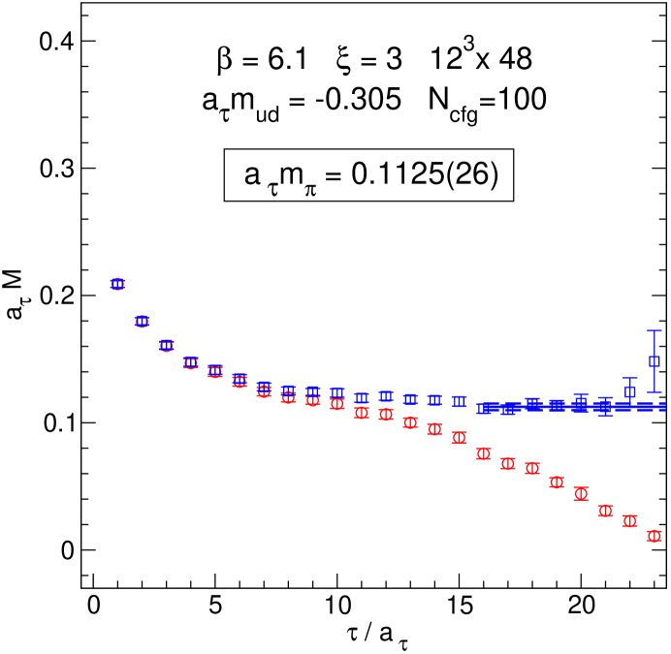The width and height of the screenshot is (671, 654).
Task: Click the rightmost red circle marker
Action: [655, 536]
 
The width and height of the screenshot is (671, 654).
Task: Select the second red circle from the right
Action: [630, 521]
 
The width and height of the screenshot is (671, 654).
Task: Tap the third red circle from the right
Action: [605, 511]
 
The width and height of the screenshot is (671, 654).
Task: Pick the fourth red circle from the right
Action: [581, 493]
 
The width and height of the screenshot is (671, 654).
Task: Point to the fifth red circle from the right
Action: [557, 483]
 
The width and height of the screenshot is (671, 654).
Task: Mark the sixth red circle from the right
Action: [532, 468]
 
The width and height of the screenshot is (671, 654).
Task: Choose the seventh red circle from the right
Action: [508, 463]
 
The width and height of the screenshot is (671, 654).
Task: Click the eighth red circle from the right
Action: [484, 453]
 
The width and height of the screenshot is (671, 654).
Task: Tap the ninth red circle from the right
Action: [460, 438]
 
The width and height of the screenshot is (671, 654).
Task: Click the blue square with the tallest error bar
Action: [655, 361]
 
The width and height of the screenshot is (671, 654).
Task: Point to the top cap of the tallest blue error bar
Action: [655, 331]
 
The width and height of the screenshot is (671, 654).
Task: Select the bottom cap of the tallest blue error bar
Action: [655, 392]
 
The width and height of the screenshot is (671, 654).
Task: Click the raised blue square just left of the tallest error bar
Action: [630, 391]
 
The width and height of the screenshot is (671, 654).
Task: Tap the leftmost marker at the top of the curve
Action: [117, 284]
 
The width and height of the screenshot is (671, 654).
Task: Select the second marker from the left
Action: [142, 322]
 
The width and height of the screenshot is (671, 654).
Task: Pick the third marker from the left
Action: [167, 346]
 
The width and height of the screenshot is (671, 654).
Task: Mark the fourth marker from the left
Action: [191, 363]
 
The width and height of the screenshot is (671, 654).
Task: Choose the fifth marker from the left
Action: [215, 371]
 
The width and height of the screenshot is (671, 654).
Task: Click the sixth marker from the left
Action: [240, 381]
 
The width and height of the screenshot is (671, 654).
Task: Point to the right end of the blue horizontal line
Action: [665, 407]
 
